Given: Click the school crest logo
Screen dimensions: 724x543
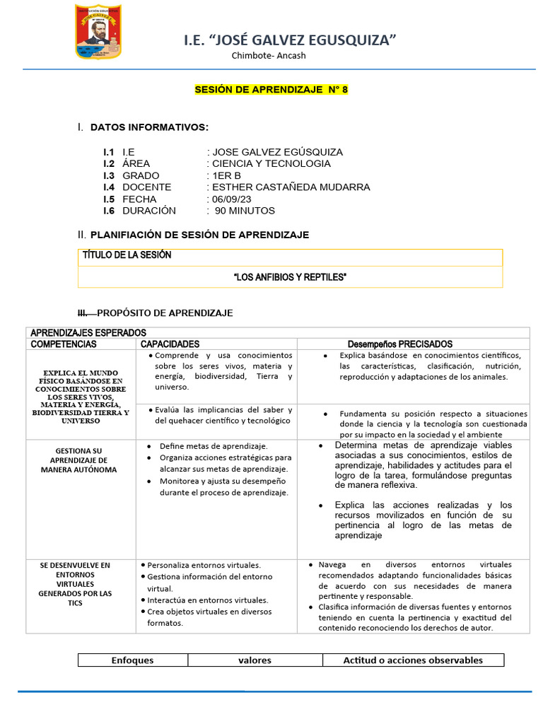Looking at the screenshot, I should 98,31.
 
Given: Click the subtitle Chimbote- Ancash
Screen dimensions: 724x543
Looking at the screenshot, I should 269,56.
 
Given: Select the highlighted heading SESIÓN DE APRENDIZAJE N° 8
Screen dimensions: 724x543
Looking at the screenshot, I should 271,90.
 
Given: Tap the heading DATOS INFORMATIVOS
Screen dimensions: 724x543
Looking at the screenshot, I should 149,127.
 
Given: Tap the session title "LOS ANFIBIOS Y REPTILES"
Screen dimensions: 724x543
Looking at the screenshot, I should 290,277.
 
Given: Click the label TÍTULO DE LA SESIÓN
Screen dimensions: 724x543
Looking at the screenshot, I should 127,255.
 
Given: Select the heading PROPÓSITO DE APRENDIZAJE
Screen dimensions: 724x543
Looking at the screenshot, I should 165,313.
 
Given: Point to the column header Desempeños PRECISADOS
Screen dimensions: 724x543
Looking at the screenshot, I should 400,344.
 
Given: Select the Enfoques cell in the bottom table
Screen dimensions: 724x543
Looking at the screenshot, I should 132,660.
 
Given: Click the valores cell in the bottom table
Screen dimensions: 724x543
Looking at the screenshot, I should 255,660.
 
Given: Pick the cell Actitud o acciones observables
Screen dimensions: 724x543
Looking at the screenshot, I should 413,660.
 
